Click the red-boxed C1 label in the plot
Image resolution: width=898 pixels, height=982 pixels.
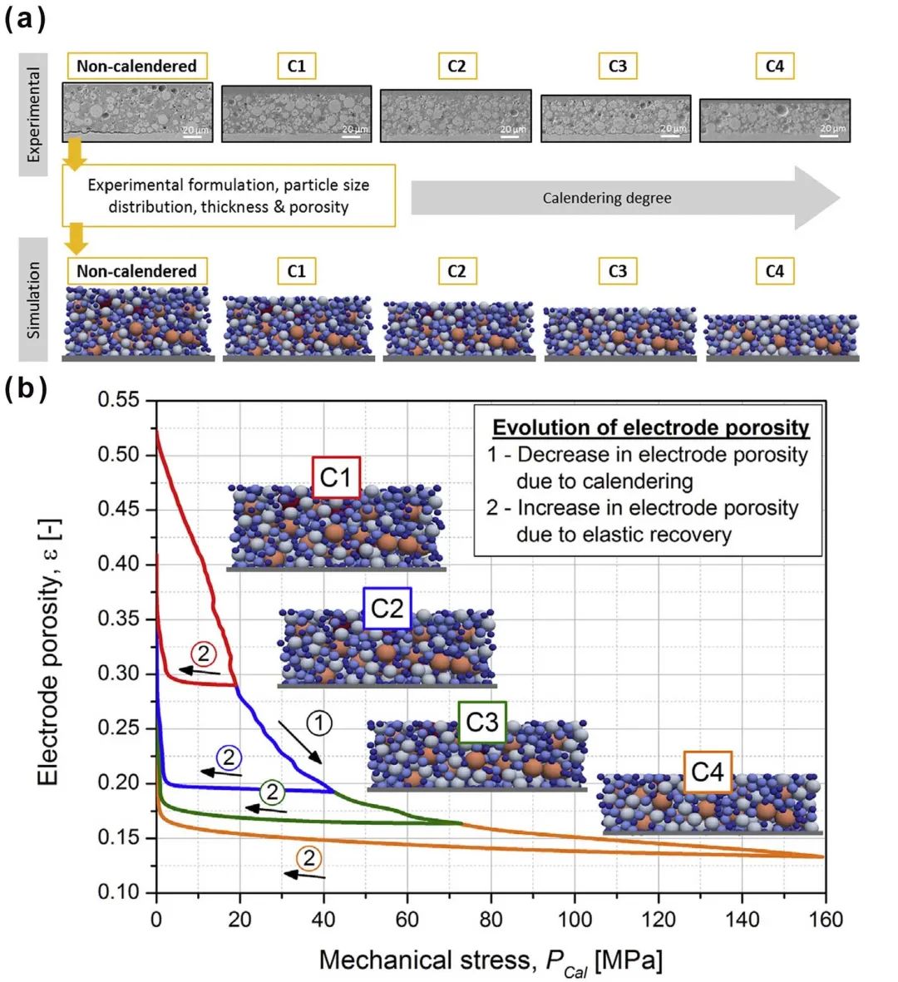click(x=336, y=478)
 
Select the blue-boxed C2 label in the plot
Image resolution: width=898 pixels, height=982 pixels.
click(x=387, y=609)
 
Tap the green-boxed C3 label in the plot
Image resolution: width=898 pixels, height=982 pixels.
click(x=482, y=722)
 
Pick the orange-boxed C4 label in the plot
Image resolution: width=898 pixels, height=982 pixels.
click(x=708, y=772)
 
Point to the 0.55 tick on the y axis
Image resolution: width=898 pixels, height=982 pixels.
click(x=121, y=401)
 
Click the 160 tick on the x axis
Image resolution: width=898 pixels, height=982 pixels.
click(x=826, y=920)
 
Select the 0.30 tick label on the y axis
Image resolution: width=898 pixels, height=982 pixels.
click(x=121, y=674)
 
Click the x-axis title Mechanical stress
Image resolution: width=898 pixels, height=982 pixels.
click(x=491, y=961)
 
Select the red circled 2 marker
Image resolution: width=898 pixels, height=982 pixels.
click(x=202, y=652)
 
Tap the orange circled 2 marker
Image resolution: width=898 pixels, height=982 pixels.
click(x=308, y=858)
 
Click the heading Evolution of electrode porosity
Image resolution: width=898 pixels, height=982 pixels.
click(x=650, y=427)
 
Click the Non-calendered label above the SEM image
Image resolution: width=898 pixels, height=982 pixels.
click(x=136, y=66)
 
